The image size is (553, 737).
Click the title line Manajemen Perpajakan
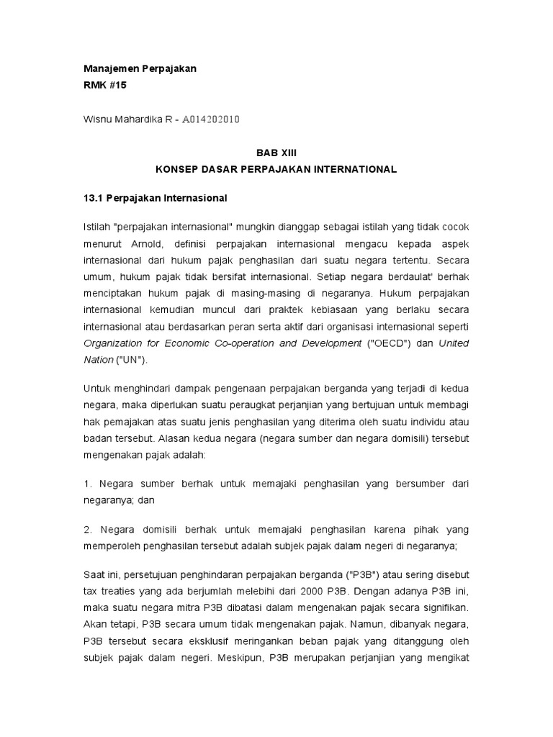tap(140, 68)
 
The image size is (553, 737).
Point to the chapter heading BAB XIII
tap(276, 153)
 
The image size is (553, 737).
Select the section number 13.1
tap(94, 197)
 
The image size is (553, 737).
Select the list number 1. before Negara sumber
tap(89, 484)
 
